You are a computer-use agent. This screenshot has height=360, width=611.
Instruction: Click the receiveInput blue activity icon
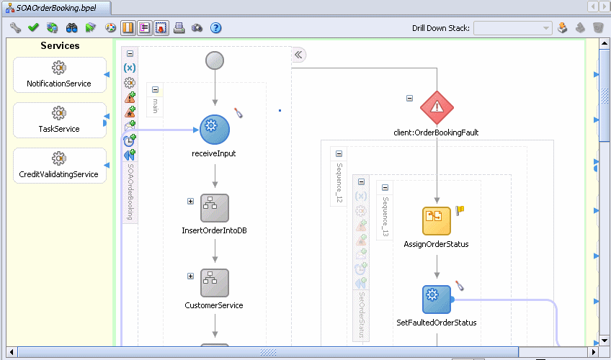tap(215, 129)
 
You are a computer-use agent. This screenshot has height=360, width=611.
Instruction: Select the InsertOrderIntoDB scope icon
tap(215, 208)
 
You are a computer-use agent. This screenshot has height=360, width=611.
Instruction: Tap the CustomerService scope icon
tap(215, 283)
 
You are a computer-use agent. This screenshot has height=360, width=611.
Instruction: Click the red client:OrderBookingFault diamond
tap(437, 107)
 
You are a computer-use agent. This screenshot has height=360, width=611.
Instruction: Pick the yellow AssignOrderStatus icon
tap(437, 220)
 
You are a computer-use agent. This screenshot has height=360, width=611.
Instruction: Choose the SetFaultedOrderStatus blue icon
tap(437, 300)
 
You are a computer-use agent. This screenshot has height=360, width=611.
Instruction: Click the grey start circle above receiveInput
tap(215, 60)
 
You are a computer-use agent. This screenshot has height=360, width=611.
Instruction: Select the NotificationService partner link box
tap(60, 75)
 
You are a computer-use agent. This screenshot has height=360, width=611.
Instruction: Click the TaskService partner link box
tap(60, 120)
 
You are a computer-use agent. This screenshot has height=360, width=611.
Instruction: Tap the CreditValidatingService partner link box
tap(60, 166)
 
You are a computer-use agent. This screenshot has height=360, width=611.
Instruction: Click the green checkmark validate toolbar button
tap(34, 27)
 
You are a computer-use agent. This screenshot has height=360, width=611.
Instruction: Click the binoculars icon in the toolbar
tap(72, 27)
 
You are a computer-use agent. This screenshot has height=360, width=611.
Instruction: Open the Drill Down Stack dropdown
tap(513, 28)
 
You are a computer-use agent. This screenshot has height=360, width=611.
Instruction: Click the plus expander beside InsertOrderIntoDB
tap(190, 201)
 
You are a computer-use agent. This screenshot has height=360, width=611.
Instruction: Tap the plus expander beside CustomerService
tap(190, 276)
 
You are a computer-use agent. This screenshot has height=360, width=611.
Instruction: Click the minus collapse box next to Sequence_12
tap(339, 154)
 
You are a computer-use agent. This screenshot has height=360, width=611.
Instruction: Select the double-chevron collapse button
tap(298, 55)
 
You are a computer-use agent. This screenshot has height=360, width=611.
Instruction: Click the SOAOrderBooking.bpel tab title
tap(56, 8)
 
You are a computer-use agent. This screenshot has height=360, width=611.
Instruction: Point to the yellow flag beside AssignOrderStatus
tap(460, 210)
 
